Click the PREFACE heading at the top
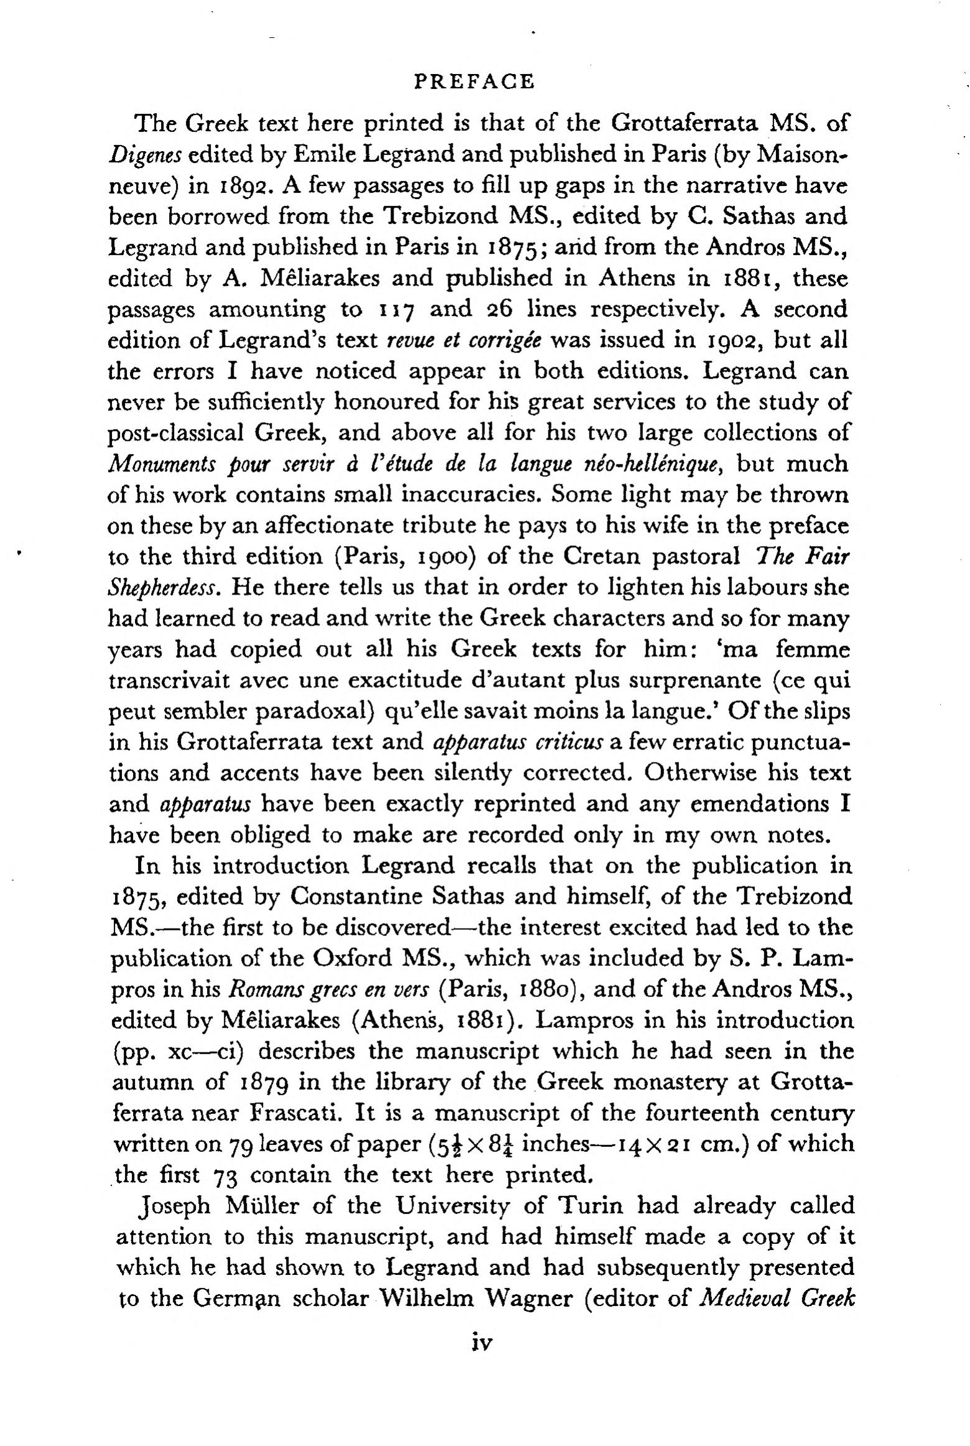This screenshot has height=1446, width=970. pos(474,82)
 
